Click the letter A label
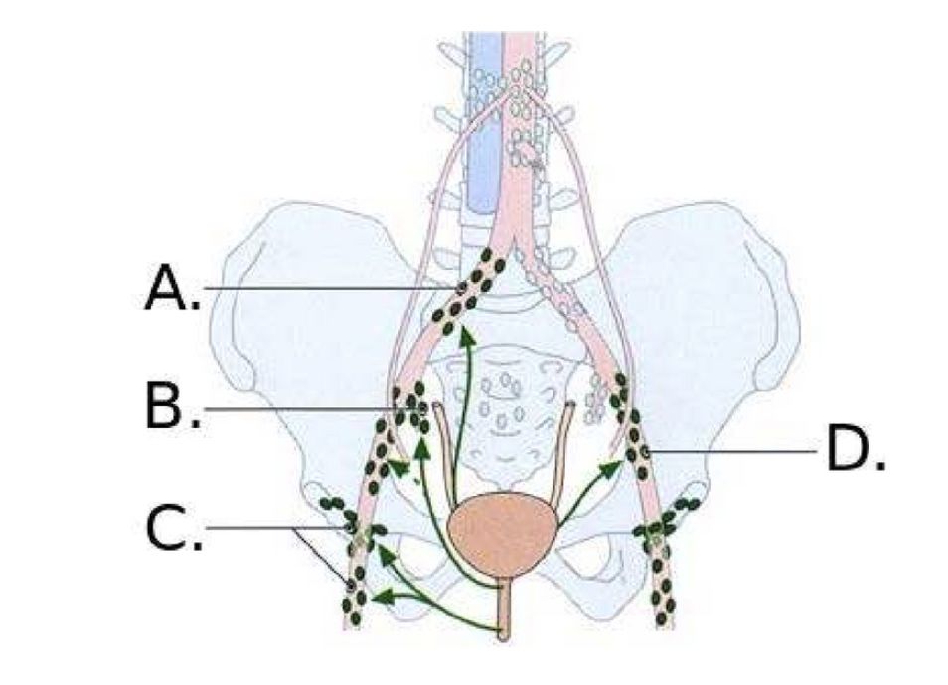pos(171,289)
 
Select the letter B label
pos(171,406)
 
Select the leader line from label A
pos(318,289)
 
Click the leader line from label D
pos(735,452)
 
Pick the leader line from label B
pos(298,407)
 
